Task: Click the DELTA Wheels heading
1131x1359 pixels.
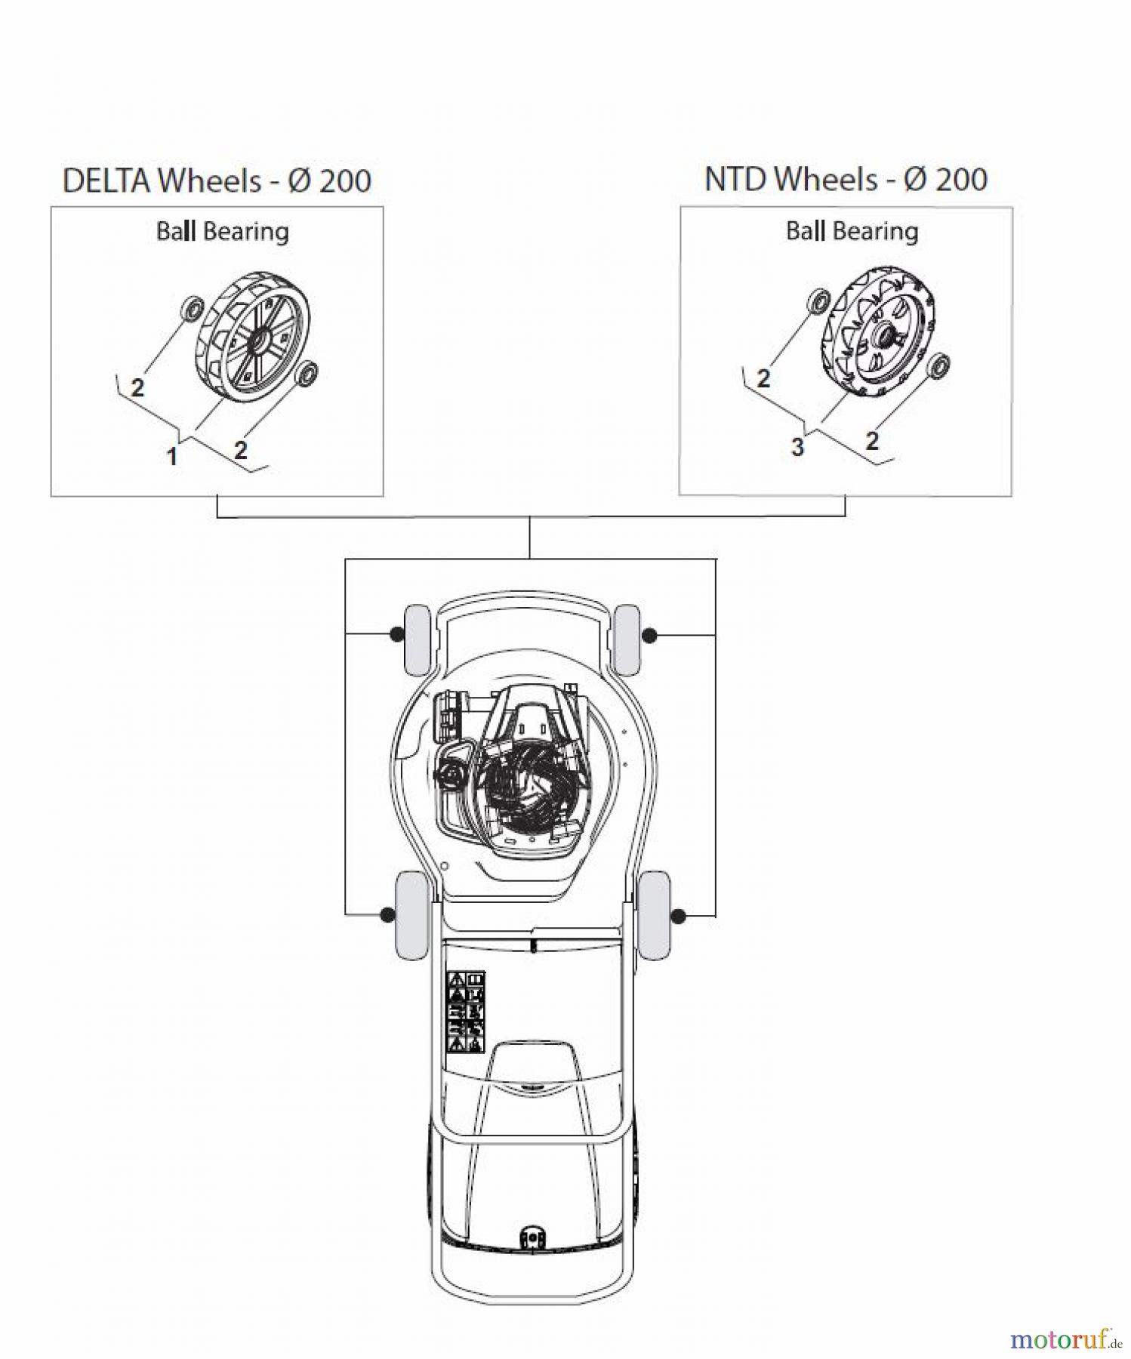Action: coord(217,181)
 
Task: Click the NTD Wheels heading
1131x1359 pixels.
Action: coord(846,180)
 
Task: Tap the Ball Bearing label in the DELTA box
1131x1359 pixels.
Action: coord(222,231)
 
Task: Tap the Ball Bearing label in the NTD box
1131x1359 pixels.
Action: coord(852,231)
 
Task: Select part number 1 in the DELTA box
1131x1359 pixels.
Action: coord(172,457)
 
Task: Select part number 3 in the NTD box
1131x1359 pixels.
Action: coord(797,447)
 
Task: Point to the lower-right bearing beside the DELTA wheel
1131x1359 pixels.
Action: coord(307,373)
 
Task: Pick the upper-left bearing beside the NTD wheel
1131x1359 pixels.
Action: coord(818,300)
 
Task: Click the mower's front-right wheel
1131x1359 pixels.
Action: coord(627,639)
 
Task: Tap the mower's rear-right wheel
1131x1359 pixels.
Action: coord(653,914)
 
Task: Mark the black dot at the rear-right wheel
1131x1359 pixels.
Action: coord(678,916)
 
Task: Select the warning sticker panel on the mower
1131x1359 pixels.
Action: coord(466,1012)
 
